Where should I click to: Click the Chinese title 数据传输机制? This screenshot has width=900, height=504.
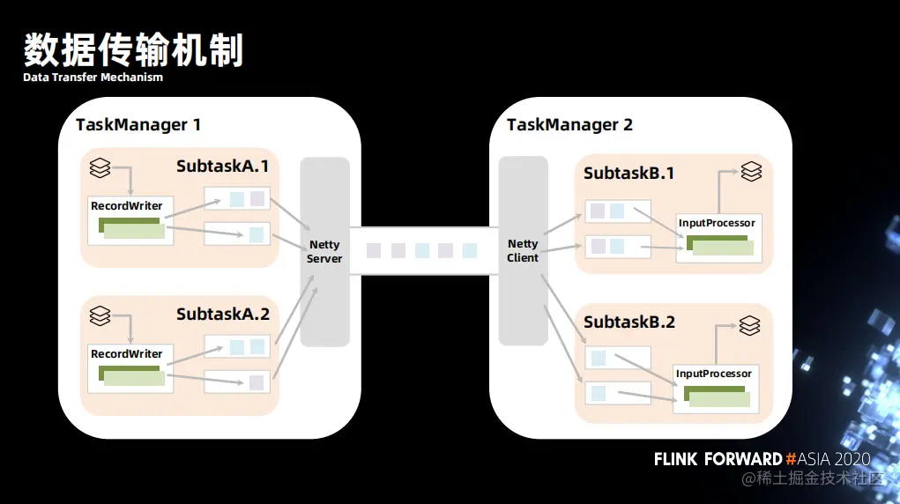[x=133, y=50]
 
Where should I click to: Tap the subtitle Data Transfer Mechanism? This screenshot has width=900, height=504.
[x=93, y=78]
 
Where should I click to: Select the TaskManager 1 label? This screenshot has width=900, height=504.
[x=138, y=124]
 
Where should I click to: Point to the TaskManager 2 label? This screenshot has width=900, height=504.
[x=569, y=124]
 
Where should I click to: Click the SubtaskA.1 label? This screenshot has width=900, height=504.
[x=222, y=166]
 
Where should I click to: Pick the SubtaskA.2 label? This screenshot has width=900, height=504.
[x=222, y=314]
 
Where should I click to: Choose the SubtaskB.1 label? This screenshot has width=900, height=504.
[x=629, y=173]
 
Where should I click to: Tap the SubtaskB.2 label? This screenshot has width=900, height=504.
[x=629, y=322]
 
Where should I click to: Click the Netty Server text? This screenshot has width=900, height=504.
[x=324, y=251]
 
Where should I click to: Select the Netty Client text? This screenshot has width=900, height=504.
[x=523, y=250]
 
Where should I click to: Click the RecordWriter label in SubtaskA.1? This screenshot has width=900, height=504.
[x=127, y=205]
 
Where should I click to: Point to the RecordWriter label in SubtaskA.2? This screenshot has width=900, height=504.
[x=127, y=353]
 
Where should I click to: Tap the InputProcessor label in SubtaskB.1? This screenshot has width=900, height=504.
[x=717, y=223]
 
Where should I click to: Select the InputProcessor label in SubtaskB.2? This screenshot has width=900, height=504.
[x=714, y=374]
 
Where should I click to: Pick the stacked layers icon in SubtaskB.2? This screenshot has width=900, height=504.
[x=749, y=326]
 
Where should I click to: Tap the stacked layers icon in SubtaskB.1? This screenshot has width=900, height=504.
[x=751, y=171]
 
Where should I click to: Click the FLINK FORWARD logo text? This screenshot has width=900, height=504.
[x=718, y=459]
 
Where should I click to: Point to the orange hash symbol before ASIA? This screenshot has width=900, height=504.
[x=791, y=459]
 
